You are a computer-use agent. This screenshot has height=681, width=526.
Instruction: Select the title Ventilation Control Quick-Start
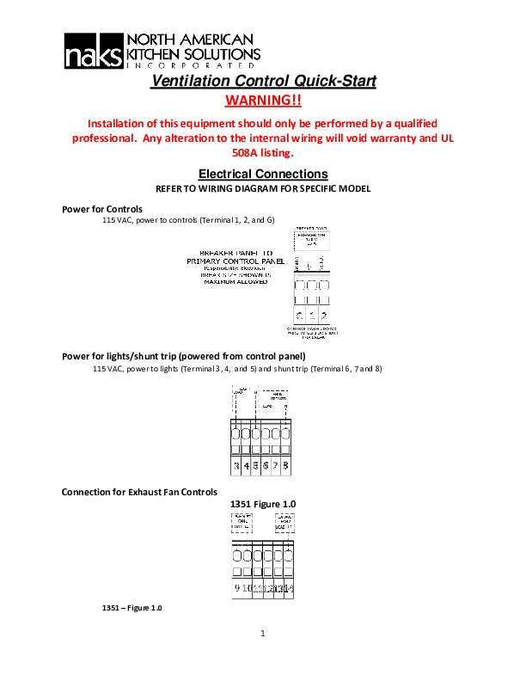[x=263, y=82]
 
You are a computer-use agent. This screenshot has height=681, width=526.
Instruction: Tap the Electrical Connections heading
[x=263, y=174]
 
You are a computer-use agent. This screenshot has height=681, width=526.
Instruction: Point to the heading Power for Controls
[x=102, y=209]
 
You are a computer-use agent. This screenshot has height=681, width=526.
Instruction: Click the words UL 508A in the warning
[x=263, y=154]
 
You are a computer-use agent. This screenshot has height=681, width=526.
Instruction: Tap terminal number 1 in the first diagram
[x=310, y=315]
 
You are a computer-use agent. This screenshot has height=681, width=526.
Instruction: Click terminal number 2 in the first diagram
[x=322, y=315]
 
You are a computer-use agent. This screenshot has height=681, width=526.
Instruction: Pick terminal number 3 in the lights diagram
[x=236, y=466]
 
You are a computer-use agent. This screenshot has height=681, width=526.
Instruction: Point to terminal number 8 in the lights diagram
[x=285, y=466]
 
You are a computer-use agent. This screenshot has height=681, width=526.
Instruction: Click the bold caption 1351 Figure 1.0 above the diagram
[x=263, y=503]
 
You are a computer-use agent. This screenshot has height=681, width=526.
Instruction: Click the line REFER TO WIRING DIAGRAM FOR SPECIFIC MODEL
[x=263, y=188]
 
